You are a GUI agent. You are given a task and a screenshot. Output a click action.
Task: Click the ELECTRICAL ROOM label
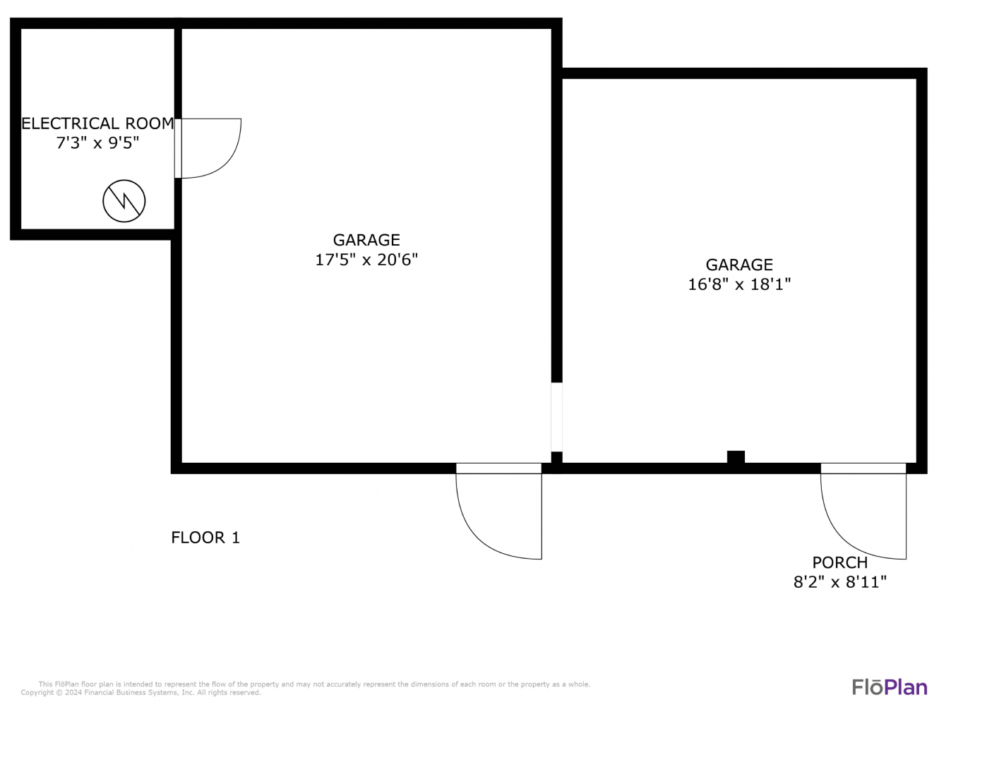[97, 123]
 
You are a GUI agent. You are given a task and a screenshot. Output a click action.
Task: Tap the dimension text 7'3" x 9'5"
[97, 143]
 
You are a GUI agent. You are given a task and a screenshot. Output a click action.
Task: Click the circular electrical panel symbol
[124, 201]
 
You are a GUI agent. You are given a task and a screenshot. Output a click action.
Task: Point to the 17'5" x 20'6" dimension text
[366, 260]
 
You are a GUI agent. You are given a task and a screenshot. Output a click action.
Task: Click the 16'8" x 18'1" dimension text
[739, 284]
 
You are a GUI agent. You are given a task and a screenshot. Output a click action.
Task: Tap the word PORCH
[840, 563]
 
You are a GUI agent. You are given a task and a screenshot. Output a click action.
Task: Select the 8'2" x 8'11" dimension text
[840, 582]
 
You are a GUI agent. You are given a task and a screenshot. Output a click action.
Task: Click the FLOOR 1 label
[205, 538]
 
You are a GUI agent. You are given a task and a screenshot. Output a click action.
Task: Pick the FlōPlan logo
[890, 687]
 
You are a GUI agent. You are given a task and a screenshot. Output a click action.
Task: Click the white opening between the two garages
[557, 417]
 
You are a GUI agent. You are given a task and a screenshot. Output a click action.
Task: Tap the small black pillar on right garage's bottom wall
[736, 457]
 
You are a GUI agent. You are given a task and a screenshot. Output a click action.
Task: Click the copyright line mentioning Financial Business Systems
[140, 693]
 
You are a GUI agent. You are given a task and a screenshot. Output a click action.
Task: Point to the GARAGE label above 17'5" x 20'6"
[366, 240]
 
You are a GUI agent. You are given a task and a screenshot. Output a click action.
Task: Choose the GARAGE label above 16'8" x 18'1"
[739, 265]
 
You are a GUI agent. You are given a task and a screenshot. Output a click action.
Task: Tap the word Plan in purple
[906, 688]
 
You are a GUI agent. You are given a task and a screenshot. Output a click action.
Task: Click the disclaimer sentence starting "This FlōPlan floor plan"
[314, 684]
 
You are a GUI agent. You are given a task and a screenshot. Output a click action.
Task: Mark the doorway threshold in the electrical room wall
[178, 148]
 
